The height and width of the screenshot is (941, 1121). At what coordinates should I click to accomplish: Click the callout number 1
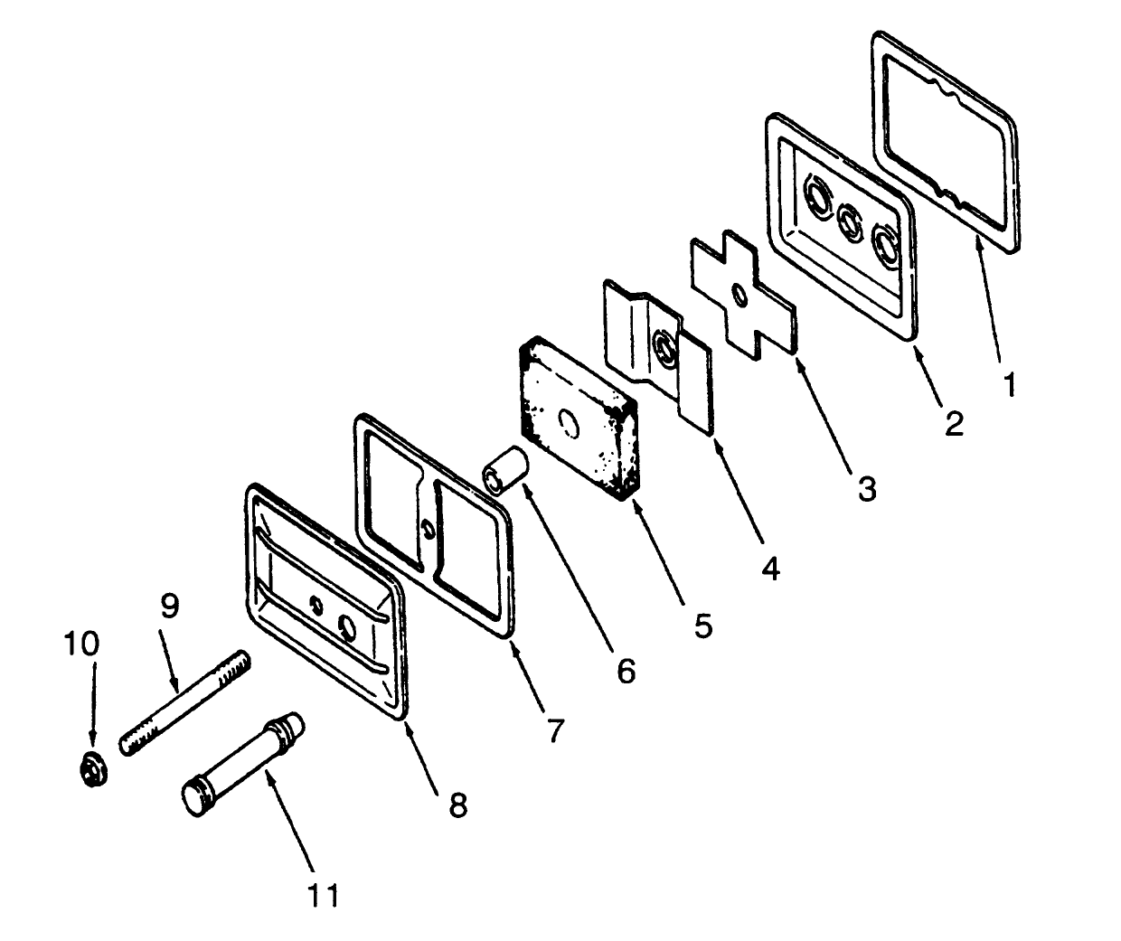pyautogui.click(x=1010, y=385)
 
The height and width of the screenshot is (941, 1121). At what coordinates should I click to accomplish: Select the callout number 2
pyautogui.click(x=954, y=424)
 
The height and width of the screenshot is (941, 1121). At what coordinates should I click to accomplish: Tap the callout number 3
pyautogui.click(x=867, y=488)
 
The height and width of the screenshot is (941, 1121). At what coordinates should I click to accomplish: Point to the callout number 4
pyautogui.click(x=770, y=568)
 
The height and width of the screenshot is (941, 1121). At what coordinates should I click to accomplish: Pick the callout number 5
pyautogui.click(x=702, y=626)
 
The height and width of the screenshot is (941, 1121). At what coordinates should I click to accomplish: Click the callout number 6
pyautogui.click(x=626, y=671)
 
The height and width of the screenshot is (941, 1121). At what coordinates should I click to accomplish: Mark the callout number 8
pyautogui.click(x=457, y=805)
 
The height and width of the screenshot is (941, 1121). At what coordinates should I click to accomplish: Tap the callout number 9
pyautogui.click(x=170, y=605)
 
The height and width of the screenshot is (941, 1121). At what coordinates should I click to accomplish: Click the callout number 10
pyautogui.click(x=81, y=644)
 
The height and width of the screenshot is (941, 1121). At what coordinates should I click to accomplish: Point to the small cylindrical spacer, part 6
pyautogui.click(x=504, y=469)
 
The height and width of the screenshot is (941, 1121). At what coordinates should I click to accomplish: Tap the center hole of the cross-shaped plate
pyautogui.click(x=740, y=296)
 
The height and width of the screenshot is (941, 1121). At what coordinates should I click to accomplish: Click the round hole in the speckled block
pyautogui.click(x=570, y=424)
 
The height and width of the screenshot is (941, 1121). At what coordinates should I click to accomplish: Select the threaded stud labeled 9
pyautogui.click(x=184, y=703)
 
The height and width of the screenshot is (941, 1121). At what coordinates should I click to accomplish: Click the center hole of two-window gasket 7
pyautogui.click(x=428, y=528)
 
